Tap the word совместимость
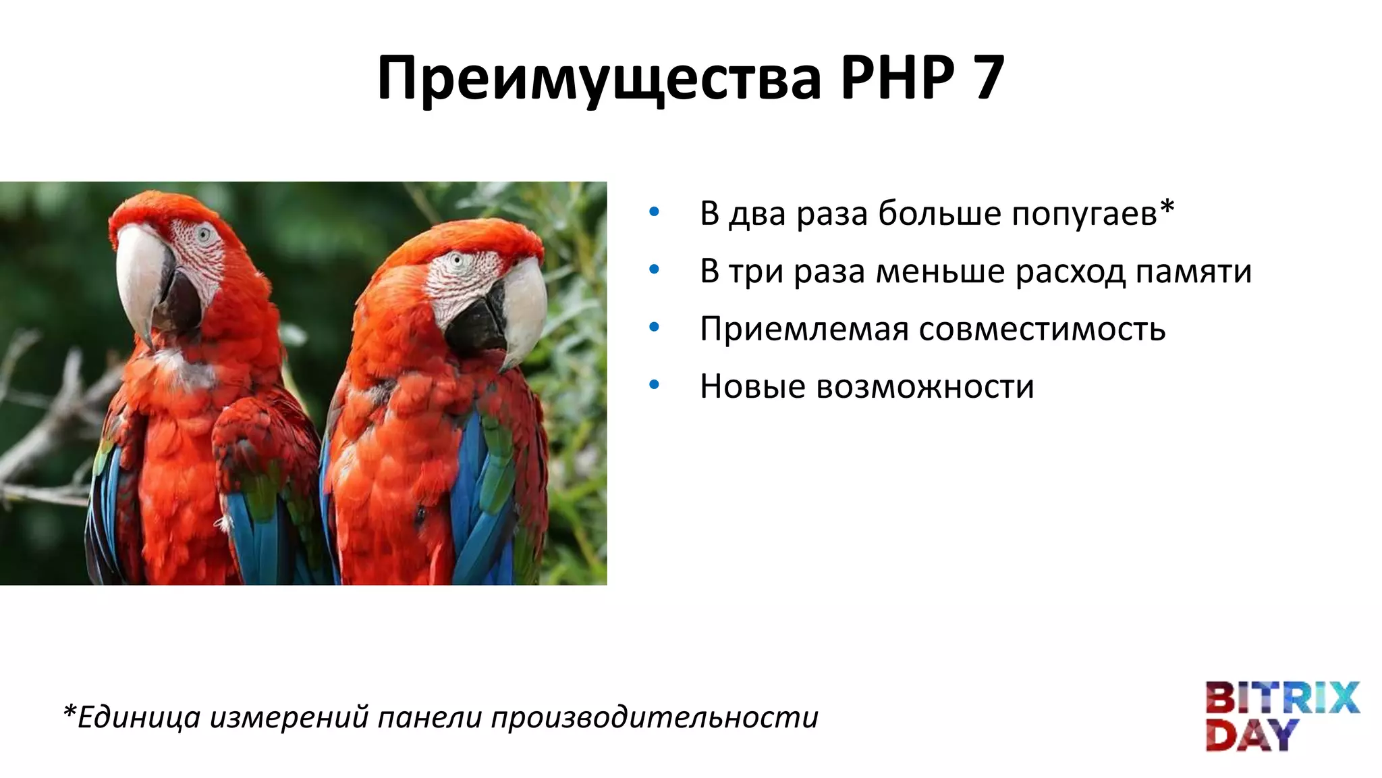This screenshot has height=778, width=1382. point(1042,330)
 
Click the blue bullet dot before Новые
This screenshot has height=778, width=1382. point(653,385)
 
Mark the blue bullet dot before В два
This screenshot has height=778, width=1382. point(653,212)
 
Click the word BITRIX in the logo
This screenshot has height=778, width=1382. point(1281,698)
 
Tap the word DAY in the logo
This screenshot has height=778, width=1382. point(1252,735)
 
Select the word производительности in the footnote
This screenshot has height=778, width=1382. point(654,717)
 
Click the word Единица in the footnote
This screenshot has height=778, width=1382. point(138,717)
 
